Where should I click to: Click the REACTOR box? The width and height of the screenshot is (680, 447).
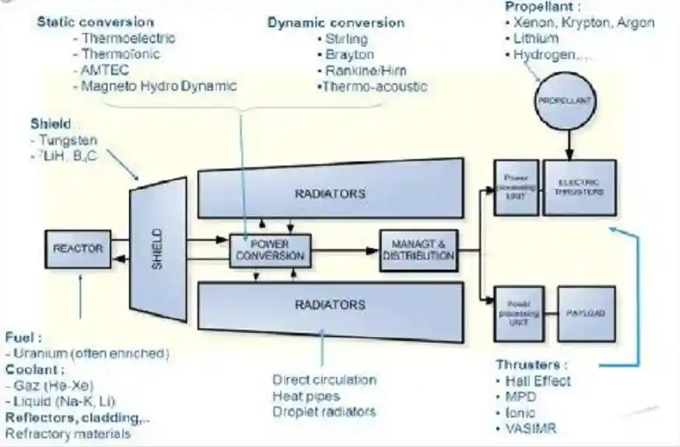[77, 249]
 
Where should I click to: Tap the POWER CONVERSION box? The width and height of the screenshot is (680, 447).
[270, 250]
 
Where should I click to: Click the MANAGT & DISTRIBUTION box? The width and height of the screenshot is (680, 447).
[418, 250]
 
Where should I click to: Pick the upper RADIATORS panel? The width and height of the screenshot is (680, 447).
[330, 194]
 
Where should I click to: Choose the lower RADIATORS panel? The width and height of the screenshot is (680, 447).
[330, 304]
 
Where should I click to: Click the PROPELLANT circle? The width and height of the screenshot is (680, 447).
[566, 99]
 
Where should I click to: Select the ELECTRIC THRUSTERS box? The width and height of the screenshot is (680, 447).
[578, 187]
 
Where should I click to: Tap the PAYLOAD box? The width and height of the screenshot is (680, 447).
[586, 313]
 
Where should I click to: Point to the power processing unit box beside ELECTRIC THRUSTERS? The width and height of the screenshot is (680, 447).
[516, 187]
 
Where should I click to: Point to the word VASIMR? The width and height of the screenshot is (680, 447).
[531, 429]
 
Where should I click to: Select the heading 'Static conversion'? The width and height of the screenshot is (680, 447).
[96, 22]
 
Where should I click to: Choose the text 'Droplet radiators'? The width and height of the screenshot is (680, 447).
[323, 412]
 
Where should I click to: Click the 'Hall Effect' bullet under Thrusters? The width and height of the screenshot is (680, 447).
[537, 381]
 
